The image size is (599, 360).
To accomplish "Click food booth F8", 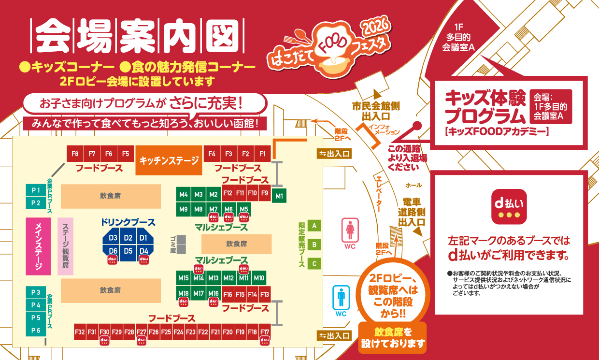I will [75, 154].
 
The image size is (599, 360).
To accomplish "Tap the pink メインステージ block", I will [39, 246].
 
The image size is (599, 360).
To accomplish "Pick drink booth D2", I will [128, 238].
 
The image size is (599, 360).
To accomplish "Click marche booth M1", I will [279, 196].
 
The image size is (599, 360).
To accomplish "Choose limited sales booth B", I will [314, 245].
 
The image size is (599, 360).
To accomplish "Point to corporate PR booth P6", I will [36, 330].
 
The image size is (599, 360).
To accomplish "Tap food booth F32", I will [80, 332].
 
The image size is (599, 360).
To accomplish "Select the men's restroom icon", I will [341, 297].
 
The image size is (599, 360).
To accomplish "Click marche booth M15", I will [183, 278].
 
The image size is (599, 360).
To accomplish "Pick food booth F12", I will [228, 193].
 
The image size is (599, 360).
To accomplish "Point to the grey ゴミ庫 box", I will [181, 245].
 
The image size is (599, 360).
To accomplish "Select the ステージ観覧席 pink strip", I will [65, 246].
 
